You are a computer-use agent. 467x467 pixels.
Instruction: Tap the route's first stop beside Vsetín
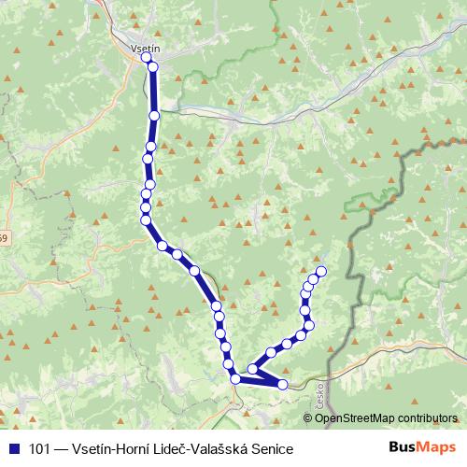147,58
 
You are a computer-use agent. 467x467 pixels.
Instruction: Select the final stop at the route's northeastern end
320,272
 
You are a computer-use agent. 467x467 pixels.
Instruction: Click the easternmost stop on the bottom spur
282,384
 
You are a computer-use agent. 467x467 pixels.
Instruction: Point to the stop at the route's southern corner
235,378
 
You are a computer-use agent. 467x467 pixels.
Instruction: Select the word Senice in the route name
272,447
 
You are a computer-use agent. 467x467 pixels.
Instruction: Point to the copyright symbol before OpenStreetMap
309,417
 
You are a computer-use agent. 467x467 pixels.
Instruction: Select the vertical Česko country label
320,391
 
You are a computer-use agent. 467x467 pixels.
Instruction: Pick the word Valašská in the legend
223,447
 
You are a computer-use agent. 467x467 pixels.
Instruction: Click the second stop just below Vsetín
153,66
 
